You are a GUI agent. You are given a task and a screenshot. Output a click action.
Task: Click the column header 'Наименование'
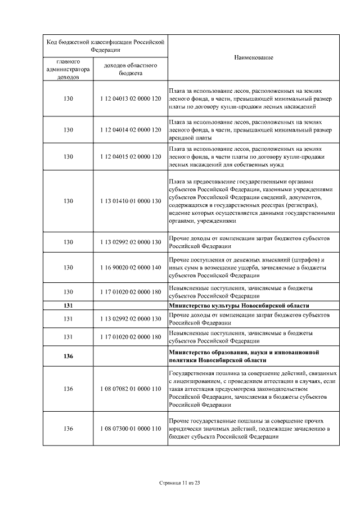(253, 58)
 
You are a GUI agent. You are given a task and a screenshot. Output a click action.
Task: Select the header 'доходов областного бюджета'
(130, 69)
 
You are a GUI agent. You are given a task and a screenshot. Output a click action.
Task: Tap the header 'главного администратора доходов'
(68, 69)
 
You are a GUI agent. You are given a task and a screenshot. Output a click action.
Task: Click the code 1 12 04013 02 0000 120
(130, 98)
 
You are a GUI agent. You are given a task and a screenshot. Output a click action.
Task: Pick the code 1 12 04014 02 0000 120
(130, 129)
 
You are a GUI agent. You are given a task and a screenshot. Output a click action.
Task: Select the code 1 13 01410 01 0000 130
(130, 201)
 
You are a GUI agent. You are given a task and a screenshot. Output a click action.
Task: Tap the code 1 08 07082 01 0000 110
(130, 389)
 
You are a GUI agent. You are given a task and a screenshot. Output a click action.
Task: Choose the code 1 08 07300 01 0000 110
(130, 429)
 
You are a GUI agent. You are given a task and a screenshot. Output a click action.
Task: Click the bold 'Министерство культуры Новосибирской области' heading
(239, 305)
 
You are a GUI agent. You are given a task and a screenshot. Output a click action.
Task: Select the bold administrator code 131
(68, 305)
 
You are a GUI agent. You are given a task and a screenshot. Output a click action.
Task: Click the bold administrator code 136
(68, 356)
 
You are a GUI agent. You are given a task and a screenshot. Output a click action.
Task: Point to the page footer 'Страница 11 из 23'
(180, 482)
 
